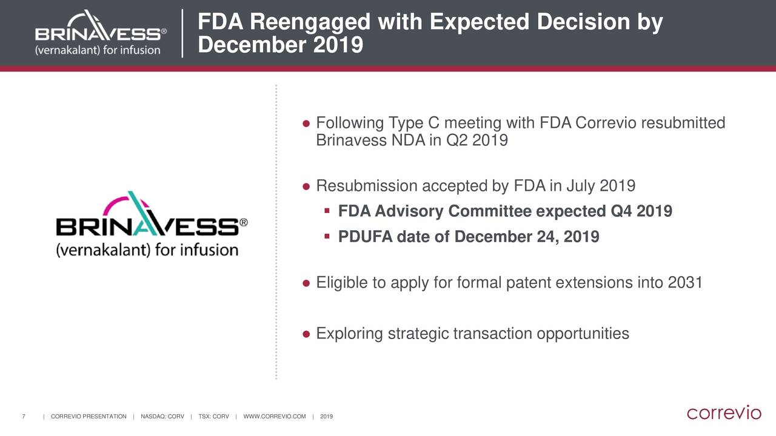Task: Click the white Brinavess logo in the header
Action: (101, 33)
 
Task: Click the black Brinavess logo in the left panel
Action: (152, 224)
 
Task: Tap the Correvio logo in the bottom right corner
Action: (724, 412)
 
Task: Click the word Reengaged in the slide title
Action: (310, 22)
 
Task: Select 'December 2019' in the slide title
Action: (280, 45)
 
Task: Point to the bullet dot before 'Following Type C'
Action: (306, 124)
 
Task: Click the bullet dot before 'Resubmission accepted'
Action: (306, 187)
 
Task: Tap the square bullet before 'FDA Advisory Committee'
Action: (327, 210)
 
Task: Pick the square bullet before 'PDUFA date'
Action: (327, 236)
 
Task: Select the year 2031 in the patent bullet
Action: (685, 282)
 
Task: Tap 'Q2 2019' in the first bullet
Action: (477, 140)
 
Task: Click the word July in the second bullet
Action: (581, 186)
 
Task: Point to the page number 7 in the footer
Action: (24, 417)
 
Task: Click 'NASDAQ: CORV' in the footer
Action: (162, 417)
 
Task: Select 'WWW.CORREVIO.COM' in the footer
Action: (275, 417)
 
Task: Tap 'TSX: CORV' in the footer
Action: (213, 417)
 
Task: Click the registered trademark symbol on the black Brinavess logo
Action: (244, 222)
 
